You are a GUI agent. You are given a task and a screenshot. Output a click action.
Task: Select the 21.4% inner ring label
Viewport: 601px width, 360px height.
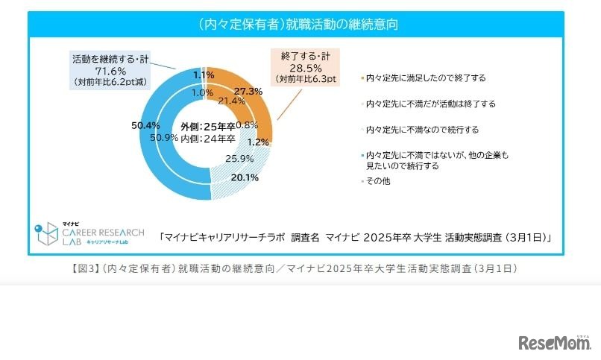point(232,101)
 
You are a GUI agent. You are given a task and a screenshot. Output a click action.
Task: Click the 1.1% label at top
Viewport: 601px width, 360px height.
point(204,75)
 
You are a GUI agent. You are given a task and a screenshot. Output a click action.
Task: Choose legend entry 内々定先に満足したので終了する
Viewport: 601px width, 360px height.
point(425,78)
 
